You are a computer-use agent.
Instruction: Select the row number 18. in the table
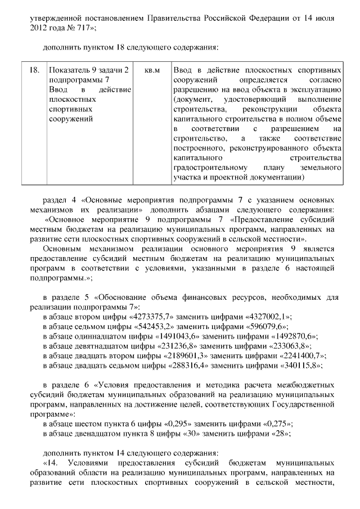34,71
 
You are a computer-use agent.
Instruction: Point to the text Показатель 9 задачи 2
89,71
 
